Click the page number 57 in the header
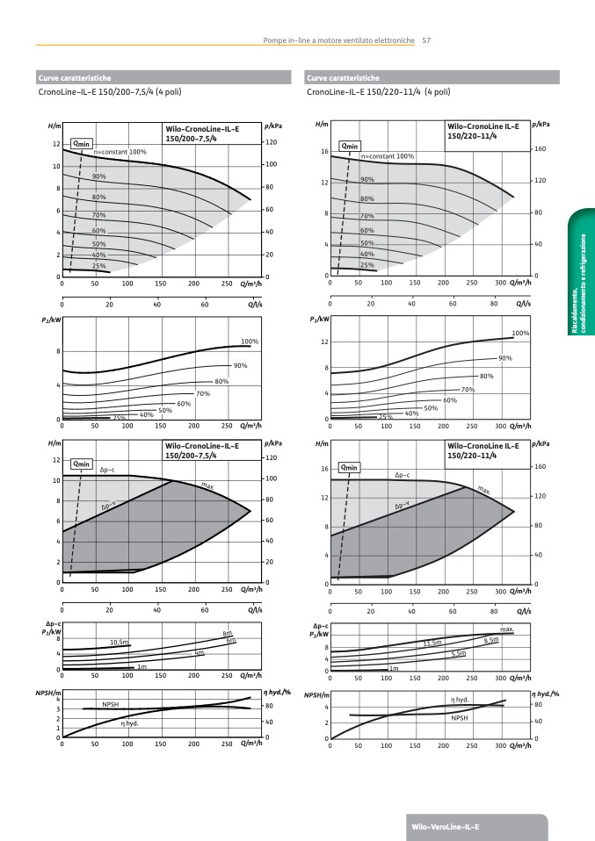pos(426,40)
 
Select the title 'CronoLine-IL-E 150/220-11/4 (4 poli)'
pos(379,91)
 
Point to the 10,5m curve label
pos(120,643)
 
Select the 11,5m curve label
pos(432,643)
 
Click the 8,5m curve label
pos(491,641)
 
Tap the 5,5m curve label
pos(458,654)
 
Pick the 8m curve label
pos(227,634)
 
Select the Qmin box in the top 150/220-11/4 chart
pos(350,146)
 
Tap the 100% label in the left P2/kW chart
pos(250,341)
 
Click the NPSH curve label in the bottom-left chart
pos(110,704)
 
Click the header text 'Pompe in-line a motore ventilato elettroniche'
pos(338,40)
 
